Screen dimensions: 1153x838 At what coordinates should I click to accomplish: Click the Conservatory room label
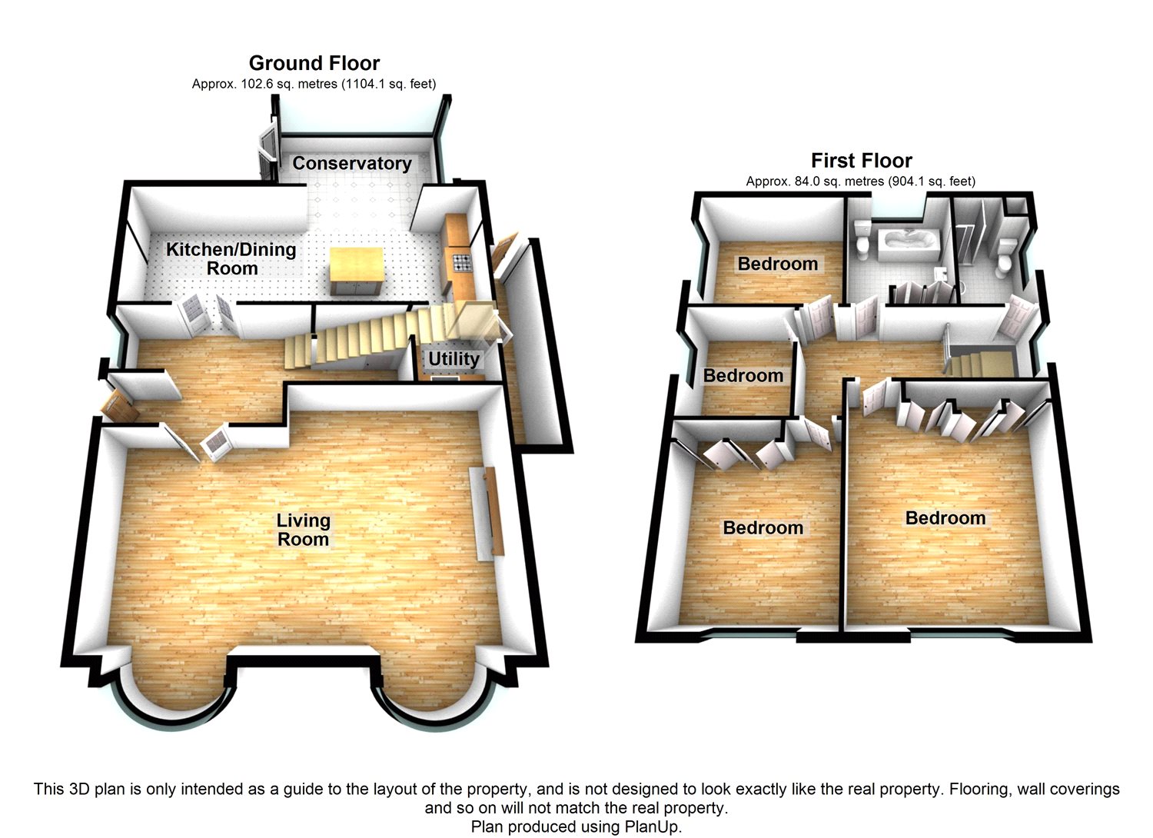(352, 163)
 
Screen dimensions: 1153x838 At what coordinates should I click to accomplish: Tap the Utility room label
(454, 359)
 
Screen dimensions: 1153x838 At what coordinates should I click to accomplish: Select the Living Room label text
(304, 530)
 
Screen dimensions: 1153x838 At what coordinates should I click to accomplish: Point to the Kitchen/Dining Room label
(231, 258)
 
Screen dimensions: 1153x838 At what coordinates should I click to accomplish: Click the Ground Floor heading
(314, 63)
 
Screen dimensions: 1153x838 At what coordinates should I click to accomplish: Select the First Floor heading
(862, 161)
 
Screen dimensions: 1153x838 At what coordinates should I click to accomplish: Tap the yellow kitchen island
(356, 271)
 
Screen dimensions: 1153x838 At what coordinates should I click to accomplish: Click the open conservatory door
(267, 151)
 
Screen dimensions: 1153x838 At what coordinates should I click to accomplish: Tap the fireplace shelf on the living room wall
(494, 511)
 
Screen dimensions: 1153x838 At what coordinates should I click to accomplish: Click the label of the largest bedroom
(945, 518)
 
